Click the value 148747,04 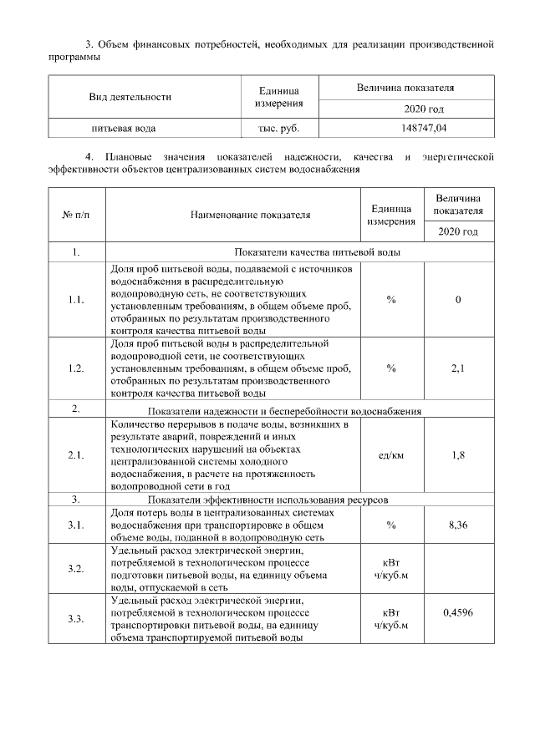coord(424,129)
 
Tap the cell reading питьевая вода coord(124,129)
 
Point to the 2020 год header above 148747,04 coord(424,109)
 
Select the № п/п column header coord(75,214)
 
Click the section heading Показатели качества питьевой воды coord(317,251)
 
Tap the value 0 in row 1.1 coord(458,299)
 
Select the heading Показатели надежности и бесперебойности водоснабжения coord(284,410)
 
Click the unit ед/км coord(391,454)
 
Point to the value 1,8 coord(458,454)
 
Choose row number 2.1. coord(75,454)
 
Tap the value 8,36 coord(458,525)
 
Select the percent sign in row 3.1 coord(391,525)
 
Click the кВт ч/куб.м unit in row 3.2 coord(391,569)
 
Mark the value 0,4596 coord(458,613)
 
